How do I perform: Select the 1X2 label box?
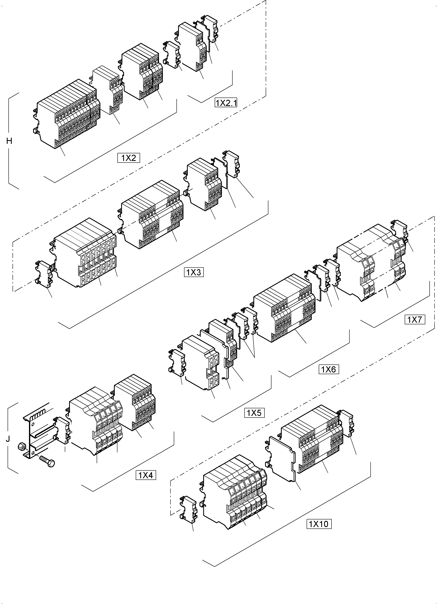(129, 158)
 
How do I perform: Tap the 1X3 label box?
(194, 272)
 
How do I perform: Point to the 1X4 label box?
(146, 475)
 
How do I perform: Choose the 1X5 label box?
(254, 413)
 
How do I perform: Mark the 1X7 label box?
(415, 319)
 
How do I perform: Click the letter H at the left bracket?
(9, 141)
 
